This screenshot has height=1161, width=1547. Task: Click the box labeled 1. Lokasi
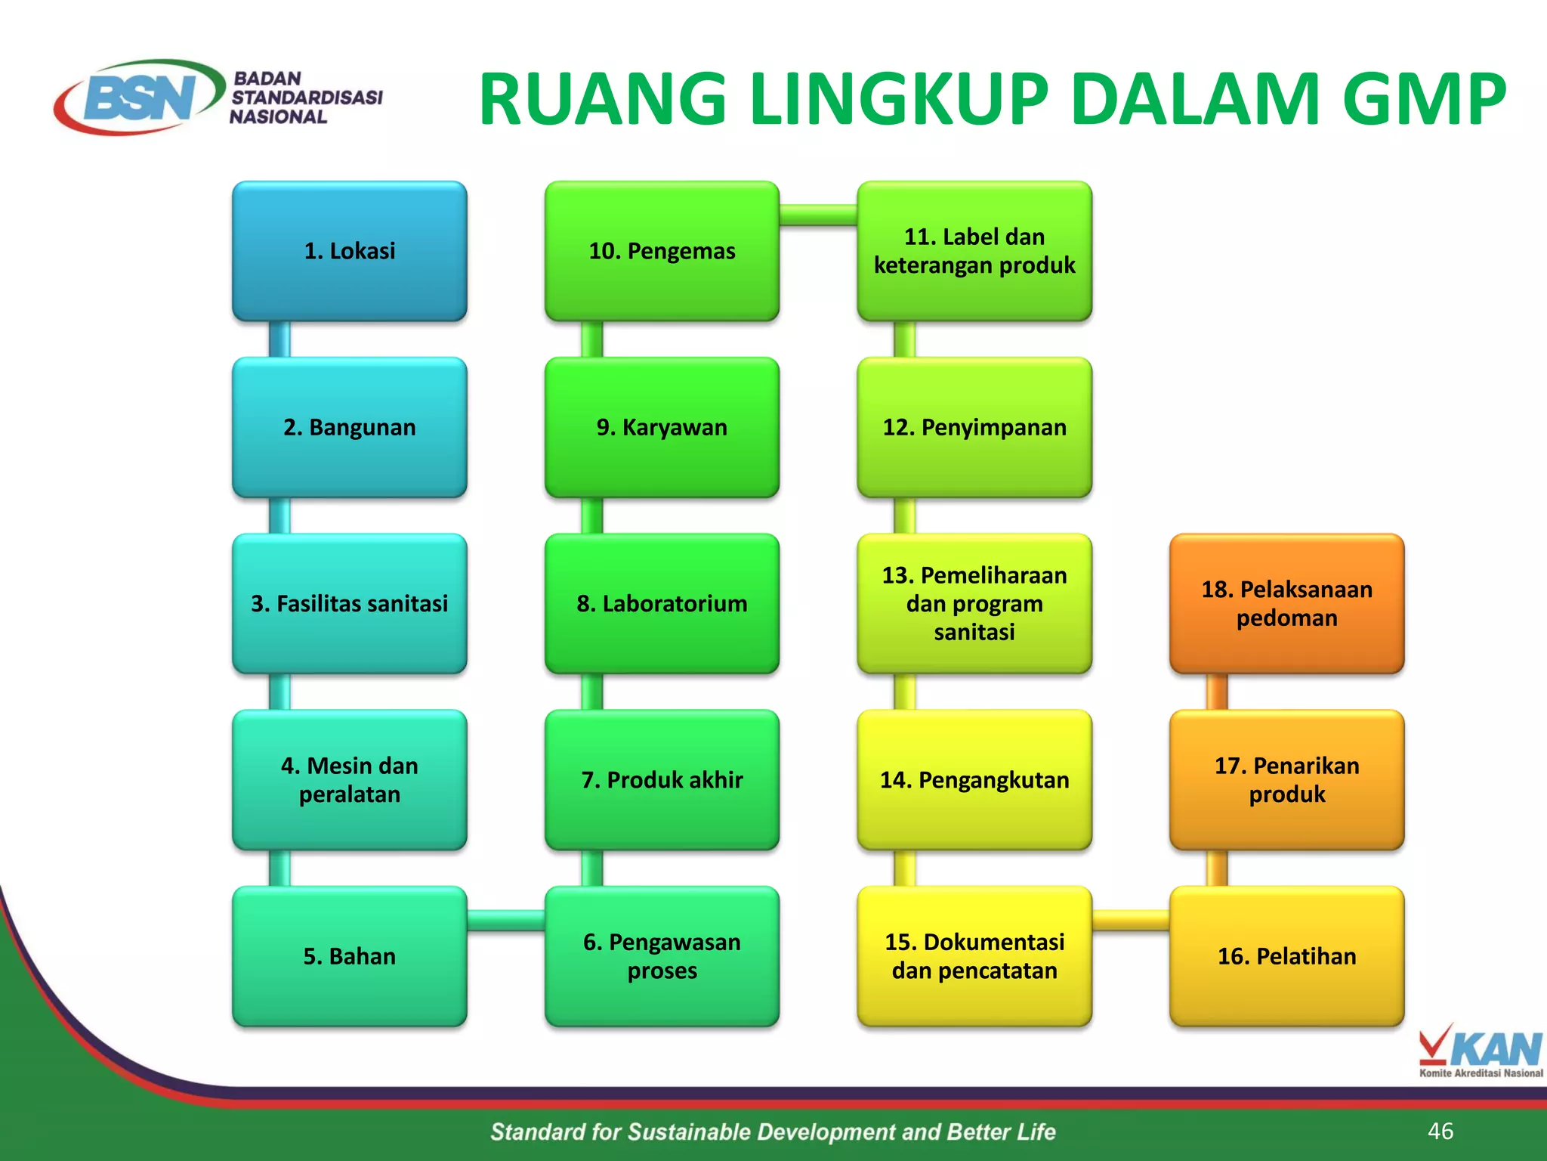point(349,251)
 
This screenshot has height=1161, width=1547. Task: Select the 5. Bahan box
point(349,956)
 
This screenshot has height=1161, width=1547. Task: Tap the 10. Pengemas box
point(662,251)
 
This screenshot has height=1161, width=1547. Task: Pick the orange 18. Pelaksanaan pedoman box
point(1286,603)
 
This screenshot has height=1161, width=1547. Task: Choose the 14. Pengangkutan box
point(974,779)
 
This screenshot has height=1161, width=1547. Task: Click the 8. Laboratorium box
point(662,603)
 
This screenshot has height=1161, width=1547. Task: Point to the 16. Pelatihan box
point(1286,956)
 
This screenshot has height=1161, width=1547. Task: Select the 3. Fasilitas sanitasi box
point(349,603)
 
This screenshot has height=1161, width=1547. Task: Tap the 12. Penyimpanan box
point(974,427)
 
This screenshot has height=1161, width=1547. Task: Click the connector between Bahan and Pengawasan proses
point(505,920)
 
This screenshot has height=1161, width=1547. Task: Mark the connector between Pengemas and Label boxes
point(818,215)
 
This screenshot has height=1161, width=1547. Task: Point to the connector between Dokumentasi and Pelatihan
point(1131,920)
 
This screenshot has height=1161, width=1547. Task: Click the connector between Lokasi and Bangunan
point(279,339)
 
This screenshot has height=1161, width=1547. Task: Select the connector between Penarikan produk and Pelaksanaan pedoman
point(1216,692)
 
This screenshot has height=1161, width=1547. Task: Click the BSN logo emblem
point(140,98)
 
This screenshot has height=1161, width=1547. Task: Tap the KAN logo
point(1481,1050)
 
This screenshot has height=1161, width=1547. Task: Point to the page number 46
point(1440,1131)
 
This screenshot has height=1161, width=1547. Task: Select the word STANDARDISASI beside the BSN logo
point(307,98)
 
